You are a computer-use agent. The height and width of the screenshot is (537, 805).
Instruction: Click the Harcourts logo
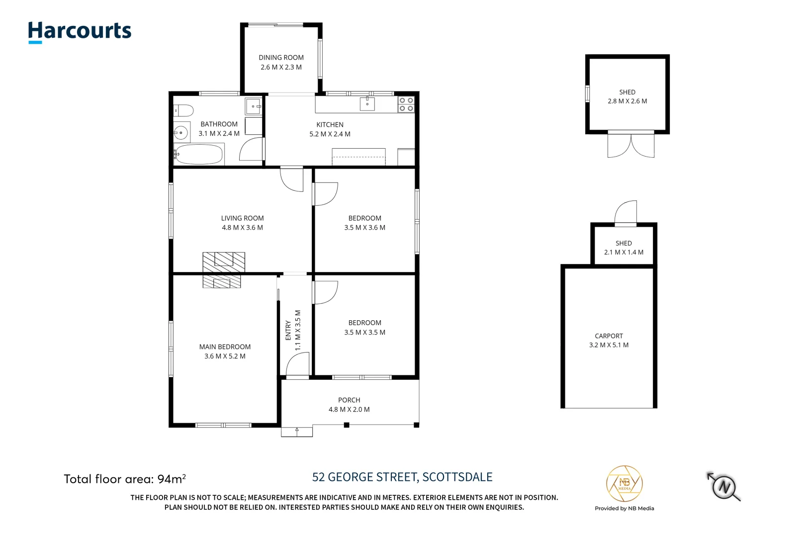[x=80, y=31]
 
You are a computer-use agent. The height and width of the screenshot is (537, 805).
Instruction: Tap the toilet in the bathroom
[x=183, y=110]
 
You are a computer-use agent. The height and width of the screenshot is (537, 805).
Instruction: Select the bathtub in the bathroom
[x=199, y=155]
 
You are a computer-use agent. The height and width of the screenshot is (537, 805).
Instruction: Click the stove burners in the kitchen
[x=406, y=104]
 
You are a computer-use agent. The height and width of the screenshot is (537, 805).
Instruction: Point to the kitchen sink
[x=367, y=103]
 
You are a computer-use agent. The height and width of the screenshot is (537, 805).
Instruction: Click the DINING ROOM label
[x=281, y=58]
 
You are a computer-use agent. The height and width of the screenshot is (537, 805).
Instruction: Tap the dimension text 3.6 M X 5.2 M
[x=225, y=357]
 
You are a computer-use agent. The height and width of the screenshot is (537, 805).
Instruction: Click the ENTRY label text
[x=288, y=331]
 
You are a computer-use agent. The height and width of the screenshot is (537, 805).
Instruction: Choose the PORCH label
[x=349, y=400]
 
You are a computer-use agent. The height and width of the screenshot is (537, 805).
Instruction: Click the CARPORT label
[x=609, y=336]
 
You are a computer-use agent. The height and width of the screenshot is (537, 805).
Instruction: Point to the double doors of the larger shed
[x=630, y=146]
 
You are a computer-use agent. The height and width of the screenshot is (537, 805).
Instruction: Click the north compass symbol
[x=724, y=486]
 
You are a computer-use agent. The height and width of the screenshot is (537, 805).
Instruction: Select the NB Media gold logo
[x=624, y=484]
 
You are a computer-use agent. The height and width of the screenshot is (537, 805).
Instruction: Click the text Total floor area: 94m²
[x=124, y=479]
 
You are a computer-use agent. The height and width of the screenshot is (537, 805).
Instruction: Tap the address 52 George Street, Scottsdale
[x=402, y=477]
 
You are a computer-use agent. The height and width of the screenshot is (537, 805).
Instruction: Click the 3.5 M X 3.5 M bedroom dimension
[x=364, y=333]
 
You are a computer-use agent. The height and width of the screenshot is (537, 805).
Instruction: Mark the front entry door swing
[x=298, y=364]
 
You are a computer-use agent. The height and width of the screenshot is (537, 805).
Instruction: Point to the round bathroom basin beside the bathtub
[x=181, y=133]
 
